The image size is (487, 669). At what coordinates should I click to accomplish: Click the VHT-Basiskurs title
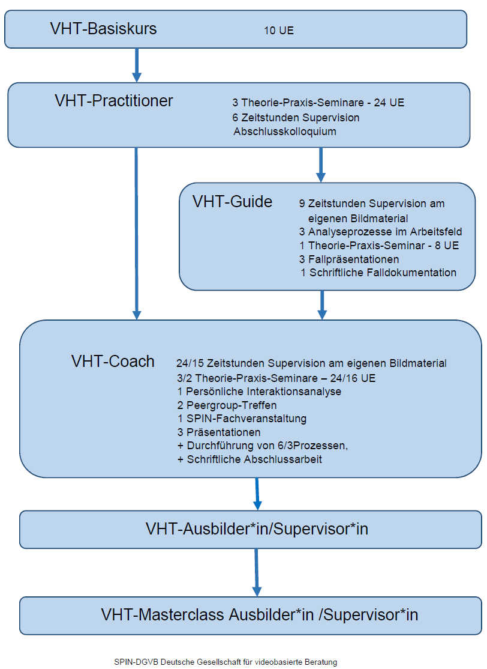[x=104, y=29]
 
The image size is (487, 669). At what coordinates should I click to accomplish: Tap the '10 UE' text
[x=279, y=31]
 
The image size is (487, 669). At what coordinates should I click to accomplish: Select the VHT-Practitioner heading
[x=114, y=101]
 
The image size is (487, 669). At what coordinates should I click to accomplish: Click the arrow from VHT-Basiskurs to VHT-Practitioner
[x=136, y=65]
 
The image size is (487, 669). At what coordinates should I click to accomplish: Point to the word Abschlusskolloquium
[x=285, y=132]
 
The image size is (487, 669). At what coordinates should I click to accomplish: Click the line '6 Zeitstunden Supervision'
[x=296, y=117]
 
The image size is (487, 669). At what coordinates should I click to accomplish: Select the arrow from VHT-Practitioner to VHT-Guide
[x=321, y=165]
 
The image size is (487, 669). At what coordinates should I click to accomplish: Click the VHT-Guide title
[x=232, y=201]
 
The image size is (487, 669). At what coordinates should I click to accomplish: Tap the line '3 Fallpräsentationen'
[x=349, y=259]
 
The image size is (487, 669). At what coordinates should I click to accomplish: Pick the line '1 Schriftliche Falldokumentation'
[x=378, y=273]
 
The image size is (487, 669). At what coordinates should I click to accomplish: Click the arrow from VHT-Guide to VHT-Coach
[x=322, y=305]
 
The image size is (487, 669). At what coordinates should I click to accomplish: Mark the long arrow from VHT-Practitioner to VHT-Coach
[x=136, y=234]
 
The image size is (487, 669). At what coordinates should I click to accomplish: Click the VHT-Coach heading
[x=113, y=362]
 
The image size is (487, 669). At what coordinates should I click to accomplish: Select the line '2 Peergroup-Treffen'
[x=227, y=405]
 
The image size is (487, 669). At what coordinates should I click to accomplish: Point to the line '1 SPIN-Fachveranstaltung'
[x=242, y=419]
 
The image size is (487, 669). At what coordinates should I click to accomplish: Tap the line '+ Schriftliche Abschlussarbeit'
[x=249, y=459]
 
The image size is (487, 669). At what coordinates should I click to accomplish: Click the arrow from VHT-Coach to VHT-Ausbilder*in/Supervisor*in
[x=257, y=494]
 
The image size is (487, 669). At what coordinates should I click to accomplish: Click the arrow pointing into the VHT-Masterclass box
[x=257, y=572]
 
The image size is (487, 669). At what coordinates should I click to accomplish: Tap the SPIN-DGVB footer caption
[x=226, y=662]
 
